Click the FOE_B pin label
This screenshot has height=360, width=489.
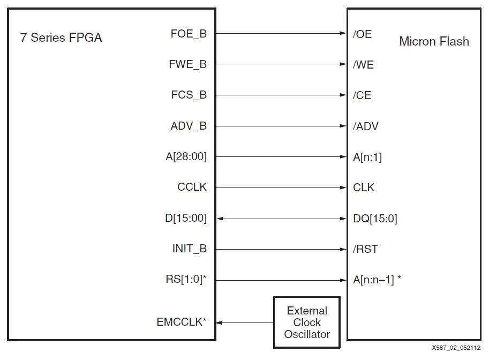pyautogui.click(x=188, y=34)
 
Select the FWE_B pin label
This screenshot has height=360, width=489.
pyautogui.click(x=187, y=65)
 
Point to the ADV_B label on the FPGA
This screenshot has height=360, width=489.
pyautogui.click(x=188, y=126)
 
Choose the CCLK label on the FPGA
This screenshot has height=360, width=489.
pyautogui.click(x=192, y=187)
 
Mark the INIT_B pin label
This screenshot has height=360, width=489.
pyautogui.click(x=189, y=249)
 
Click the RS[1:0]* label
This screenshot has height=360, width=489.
pyautogui.click(x=186, y=280)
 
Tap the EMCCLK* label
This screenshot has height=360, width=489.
pyautogui.click(x=182, y=322)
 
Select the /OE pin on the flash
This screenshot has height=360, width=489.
pyautogui.click(x=362, y=34)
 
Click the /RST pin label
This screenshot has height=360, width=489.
pyautogui.click(x=365, y=249)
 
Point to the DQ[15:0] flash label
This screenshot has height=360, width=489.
pyautogui.click(x=375, y=219)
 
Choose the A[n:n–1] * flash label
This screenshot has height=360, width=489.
pyautogui.click(x=377, y=280)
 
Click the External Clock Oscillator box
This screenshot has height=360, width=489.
pyautogui.click(x=307, y=322)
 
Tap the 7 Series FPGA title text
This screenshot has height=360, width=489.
pyautogui.click(x=61, y=38)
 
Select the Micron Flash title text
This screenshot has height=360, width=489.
pyautogui.click(x=434, y=42)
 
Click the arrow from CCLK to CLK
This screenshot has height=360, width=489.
pyautogui.click(x=281, y=188)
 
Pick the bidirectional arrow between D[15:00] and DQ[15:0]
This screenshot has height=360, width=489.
pyautogui.click(x=281, y=219)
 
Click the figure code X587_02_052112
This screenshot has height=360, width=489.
pyautogui.click(x=456, y=348)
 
